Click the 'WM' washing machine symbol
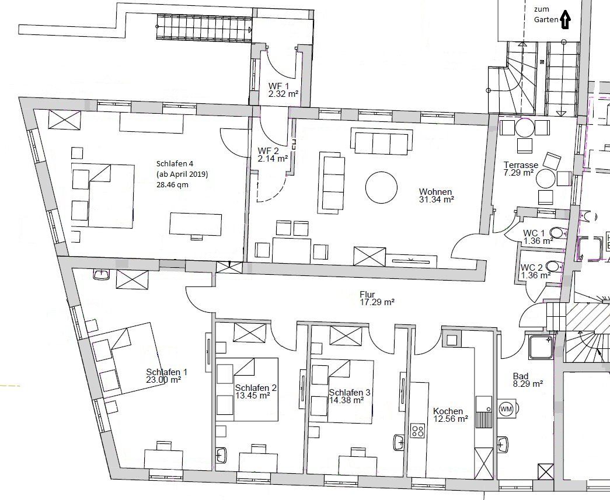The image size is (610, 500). click(x=506, y=410)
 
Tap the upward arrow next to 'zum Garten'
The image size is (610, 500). click(x=564, y=20)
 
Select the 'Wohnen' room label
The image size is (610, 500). click(x=435, y=192)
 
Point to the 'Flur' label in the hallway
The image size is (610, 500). click(x=367, y=295)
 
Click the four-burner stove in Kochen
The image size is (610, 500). click(x=417, y=431)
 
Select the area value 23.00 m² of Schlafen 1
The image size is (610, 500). click(x=163, y=379)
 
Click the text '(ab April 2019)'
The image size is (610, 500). click(x=182, y=174)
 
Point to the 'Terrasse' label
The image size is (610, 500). click(x=521, y=165)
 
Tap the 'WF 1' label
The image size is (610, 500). click(x=279, y=86)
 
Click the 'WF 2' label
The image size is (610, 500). click(x=269, y=151)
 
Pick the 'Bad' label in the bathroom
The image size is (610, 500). click(x=520, y=376)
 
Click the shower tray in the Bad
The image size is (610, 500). click(x=539, y=347)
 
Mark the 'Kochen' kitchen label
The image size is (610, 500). click(x=448, y=411)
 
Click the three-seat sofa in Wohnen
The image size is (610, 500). click(x=380, y=141)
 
